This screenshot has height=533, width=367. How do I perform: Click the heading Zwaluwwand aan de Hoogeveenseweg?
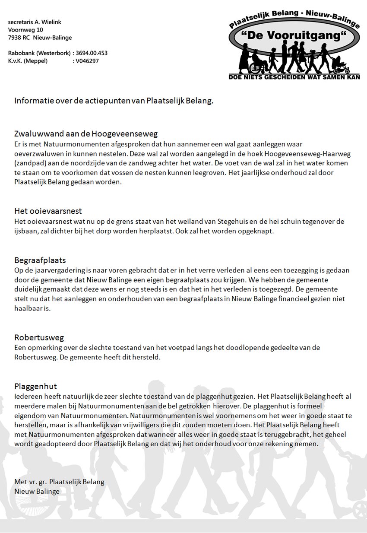pyautogui.click(x=86, y=133)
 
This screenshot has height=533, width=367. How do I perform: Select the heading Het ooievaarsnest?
pyautogui.click(x=48, y=211)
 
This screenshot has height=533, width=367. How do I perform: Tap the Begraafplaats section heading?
pyautogui.click(x=40, y=260)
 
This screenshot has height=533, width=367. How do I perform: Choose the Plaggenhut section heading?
pyautogui.click(x=35, y=386)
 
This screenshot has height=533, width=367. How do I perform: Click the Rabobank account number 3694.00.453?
pyautogui.click(x=92, y=53)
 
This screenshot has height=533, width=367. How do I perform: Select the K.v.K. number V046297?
pyautogui.click(x=87, y=61)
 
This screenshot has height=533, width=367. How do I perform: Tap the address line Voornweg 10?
pyautogui.click(x=25, y=30)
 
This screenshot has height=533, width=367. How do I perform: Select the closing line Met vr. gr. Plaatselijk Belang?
pyautogui.click(x=59, y=482)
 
